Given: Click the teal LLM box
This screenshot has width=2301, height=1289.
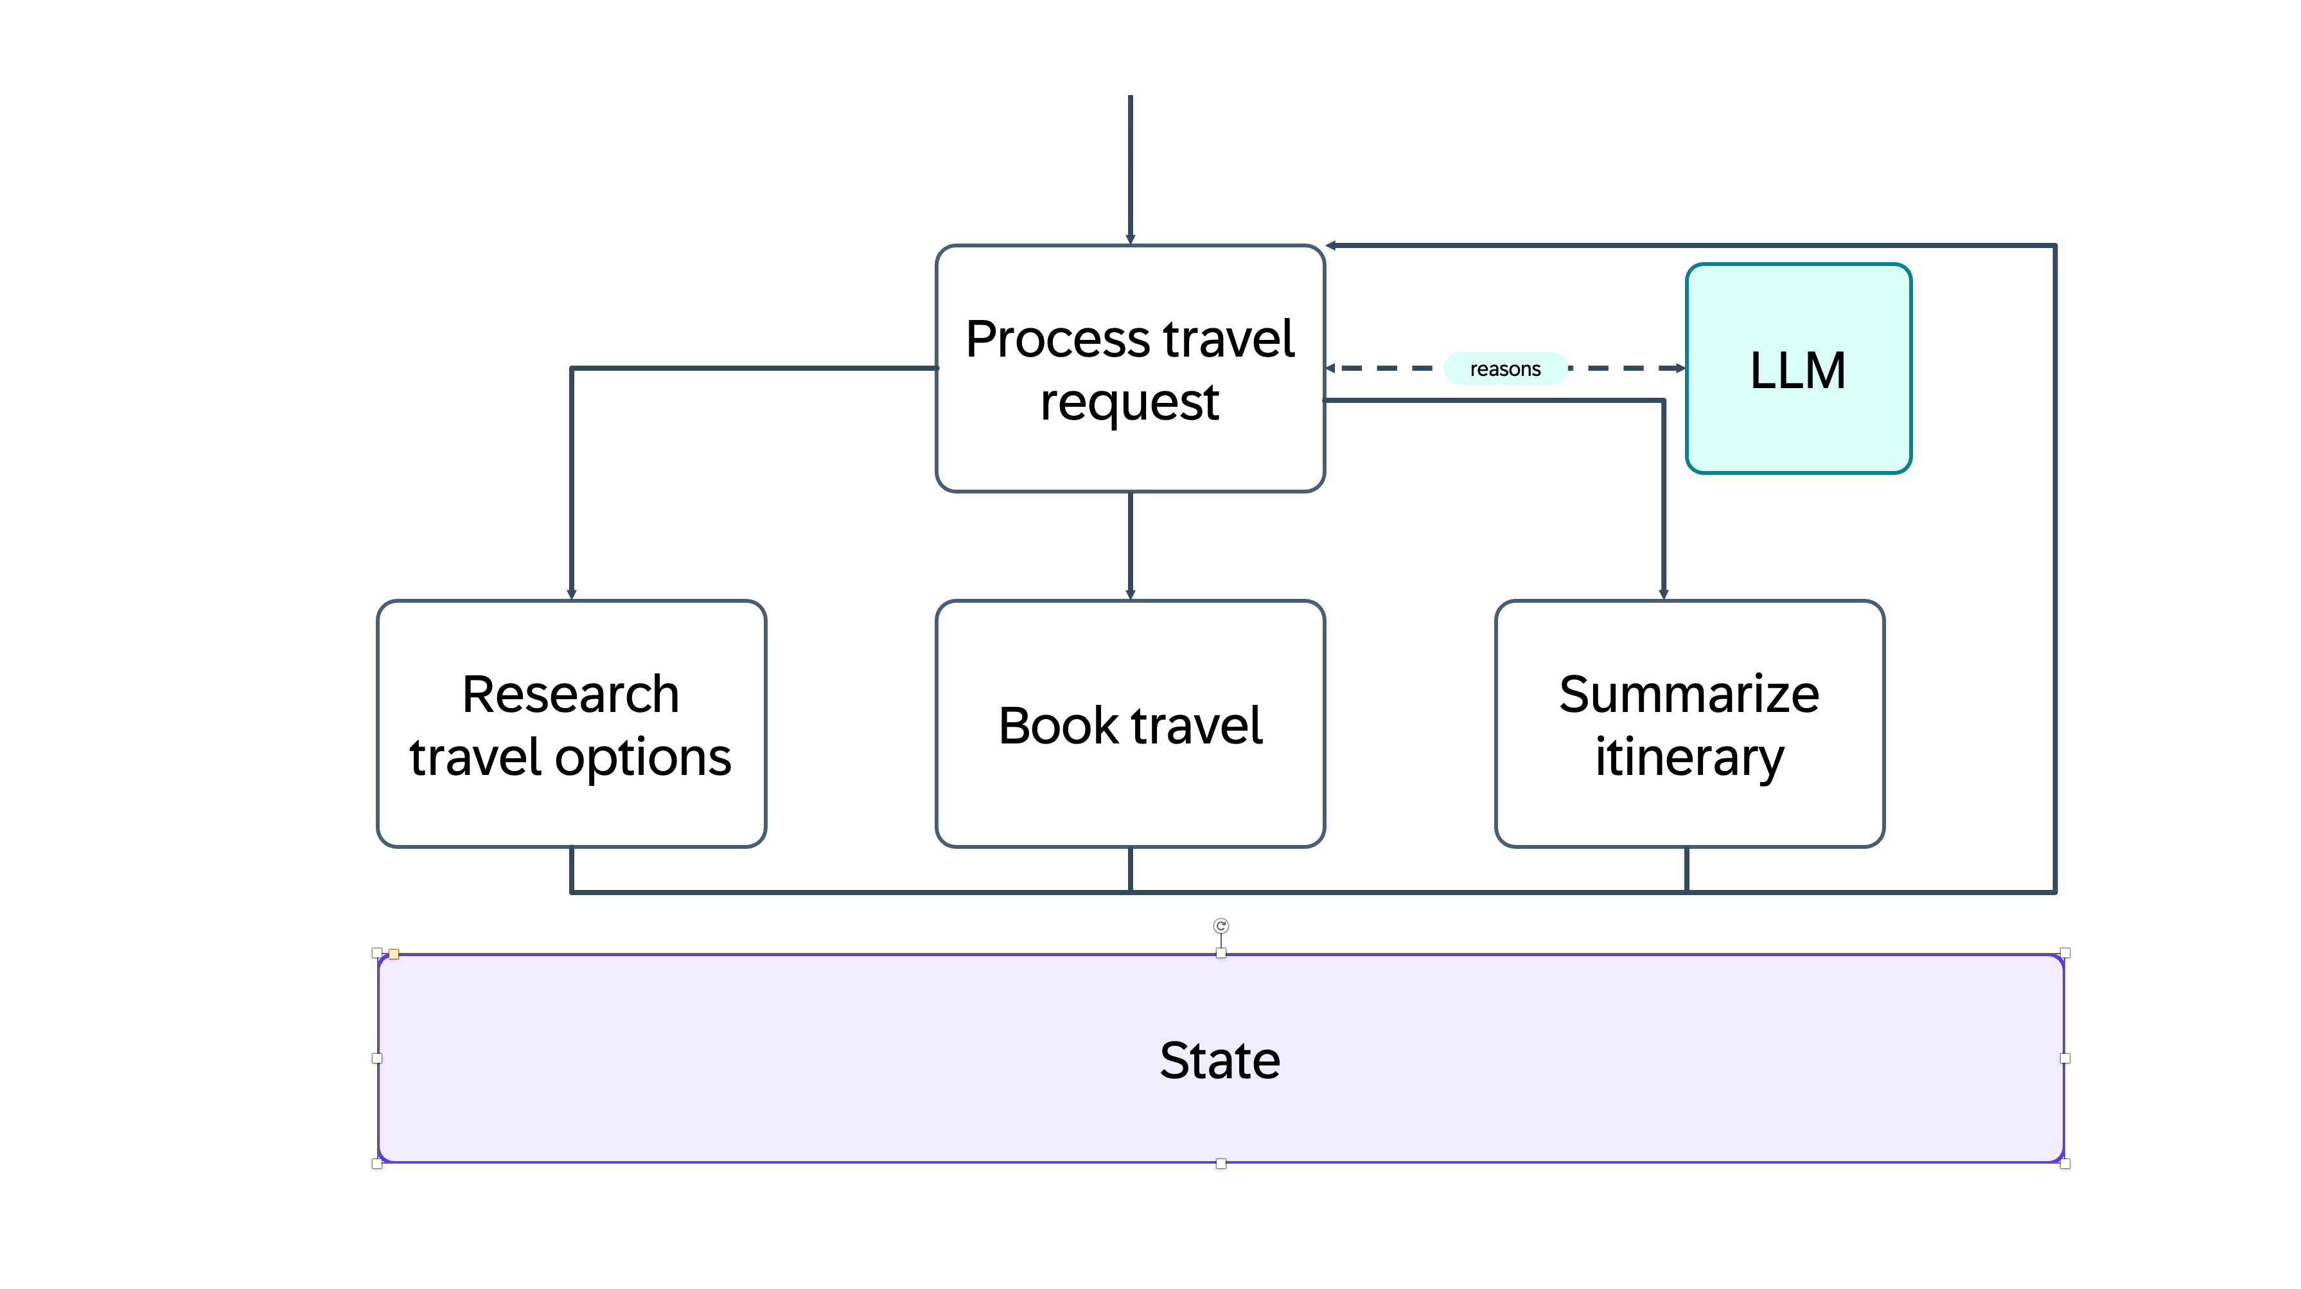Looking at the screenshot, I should pos(1797,368).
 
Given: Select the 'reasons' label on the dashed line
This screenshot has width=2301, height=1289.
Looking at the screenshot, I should pos(1505,369).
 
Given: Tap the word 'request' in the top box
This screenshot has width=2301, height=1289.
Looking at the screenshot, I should pos(1129,402).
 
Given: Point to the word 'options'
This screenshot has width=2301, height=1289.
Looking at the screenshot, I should pos(643,758).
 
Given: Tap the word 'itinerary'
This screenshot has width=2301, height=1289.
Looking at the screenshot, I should pos(1688,758).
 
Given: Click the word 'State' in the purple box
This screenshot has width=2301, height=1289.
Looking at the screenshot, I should pos(1219,1060).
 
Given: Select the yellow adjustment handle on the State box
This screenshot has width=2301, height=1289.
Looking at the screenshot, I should pos(394,954).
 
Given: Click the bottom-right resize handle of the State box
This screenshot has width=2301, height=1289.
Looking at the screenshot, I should pos(2065,1163).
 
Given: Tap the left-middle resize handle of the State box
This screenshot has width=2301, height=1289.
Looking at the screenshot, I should pos(377,1058).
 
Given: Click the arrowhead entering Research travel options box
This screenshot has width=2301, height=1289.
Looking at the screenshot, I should pos(572,594).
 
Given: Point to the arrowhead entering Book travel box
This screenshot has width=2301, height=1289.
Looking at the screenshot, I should pos(1130,594).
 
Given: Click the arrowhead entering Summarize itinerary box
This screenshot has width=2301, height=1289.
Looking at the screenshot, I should pos(1663,594).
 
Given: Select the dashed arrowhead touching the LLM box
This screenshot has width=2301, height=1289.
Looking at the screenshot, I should pos(1680,368).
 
